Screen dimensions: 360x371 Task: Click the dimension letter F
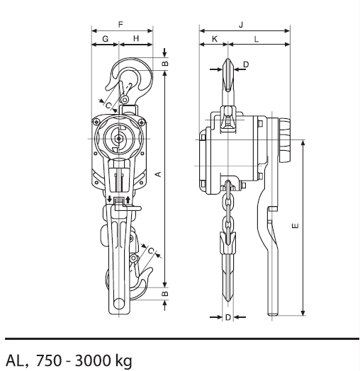(x=120, y=24)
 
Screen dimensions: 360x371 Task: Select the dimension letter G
(x=106, y=38)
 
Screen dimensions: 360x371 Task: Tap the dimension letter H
(x=136, y=38)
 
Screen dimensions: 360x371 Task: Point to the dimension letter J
(x=241, y=25)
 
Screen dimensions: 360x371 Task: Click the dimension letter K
(x=215, y=39)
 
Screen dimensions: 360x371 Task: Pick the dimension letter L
(x=257, y=39)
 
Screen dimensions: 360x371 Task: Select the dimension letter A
(x=158, y=174)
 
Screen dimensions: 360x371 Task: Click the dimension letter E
(x=296, y=226)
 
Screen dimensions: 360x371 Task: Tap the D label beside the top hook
(x=247, y=64)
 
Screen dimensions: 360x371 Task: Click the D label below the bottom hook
(x=228, y=317)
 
